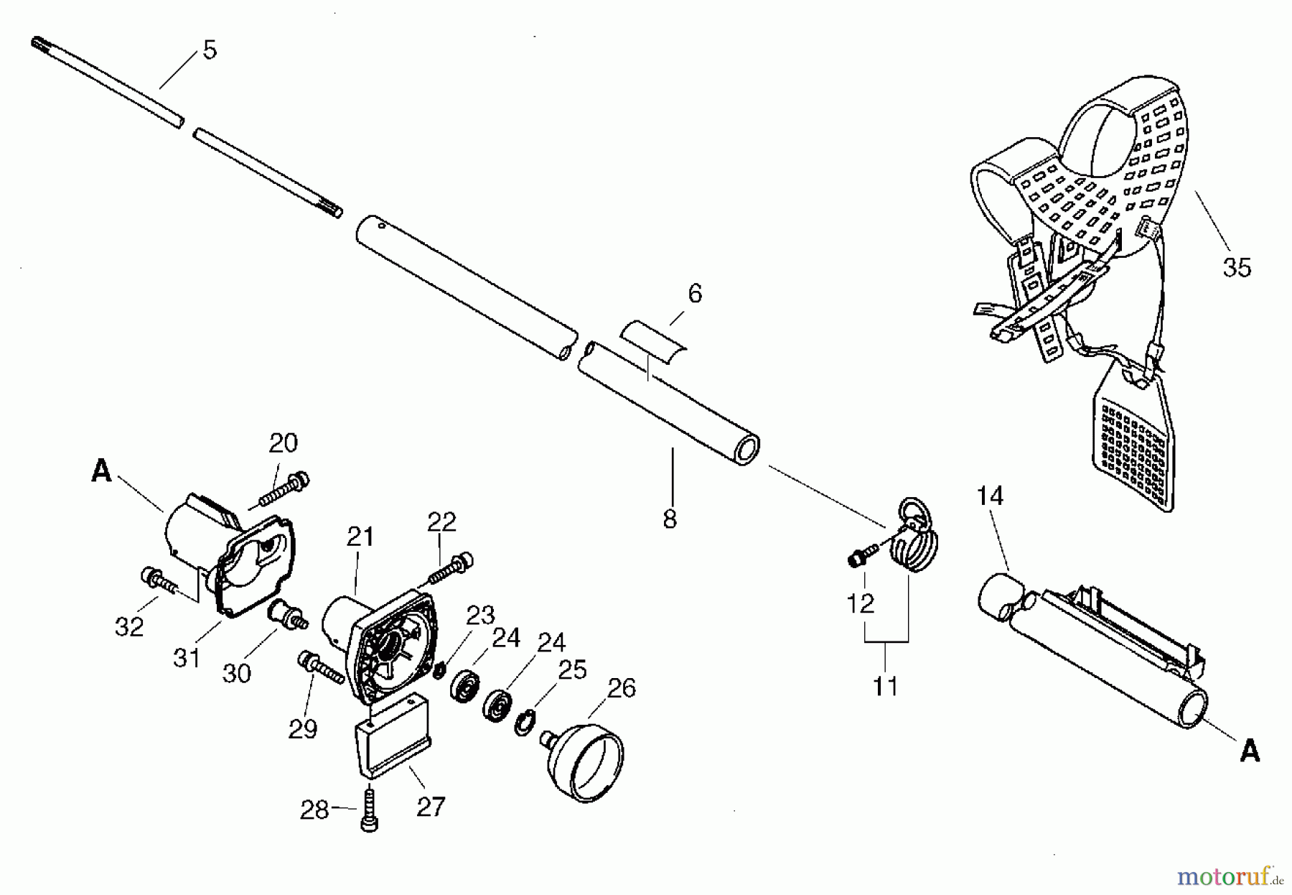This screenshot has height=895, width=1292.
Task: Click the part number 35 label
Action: click(x=1236, y=267)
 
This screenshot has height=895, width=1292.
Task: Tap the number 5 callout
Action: click(x=209, y=50)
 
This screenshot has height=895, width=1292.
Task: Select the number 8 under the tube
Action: click(x=670, y=519)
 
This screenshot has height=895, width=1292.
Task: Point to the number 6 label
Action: click(x=694, y=293)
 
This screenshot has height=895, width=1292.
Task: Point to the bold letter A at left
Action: click(x=101, y=471)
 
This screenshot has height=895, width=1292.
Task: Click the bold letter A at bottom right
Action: click(x=1250, y=751)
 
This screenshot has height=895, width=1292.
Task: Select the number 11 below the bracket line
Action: click(x=885, y=686)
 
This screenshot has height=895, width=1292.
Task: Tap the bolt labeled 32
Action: click(x=159, y=579)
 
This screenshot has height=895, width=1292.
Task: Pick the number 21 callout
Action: click(x=360, y=537)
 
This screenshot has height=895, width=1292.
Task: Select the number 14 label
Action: click(x=990, y=496)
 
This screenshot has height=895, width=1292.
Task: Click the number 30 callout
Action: click(x=236, y=673)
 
